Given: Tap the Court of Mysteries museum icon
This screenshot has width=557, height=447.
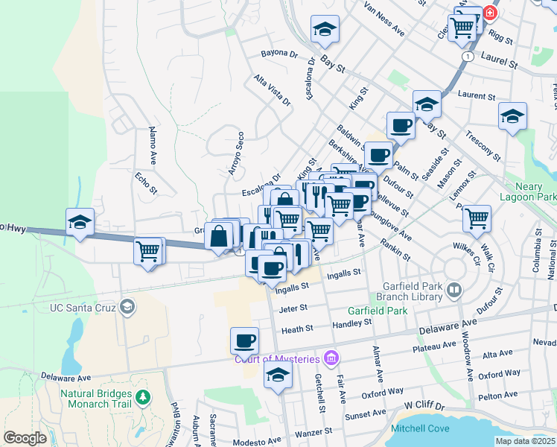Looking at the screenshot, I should point(331,359).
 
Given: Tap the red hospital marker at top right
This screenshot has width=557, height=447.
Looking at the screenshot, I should point(490,12).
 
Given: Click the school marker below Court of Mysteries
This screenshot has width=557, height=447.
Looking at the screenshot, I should point(278,375).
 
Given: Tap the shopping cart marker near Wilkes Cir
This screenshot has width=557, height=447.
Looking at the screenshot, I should point(477,218).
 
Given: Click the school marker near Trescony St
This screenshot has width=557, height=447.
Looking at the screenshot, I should point(512,115).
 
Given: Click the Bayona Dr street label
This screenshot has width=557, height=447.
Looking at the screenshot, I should point(279,54).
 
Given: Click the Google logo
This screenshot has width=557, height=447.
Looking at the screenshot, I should point(25,438).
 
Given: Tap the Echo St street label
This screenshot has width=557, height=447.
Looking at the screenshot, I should point(147,183).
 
